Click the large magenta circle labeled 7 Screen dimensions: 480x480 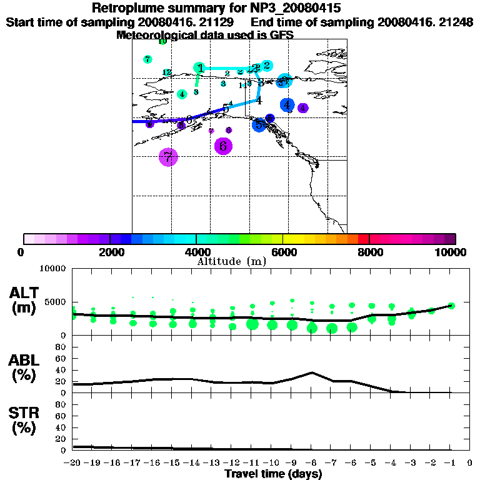tap(168, 157)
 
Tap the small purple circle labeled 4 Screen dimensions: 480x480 tap(303, 108)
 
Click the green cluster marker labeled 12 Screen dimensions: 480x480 tap(167, 72)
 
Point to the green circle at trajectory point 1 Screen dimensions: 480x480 tap(199, 68)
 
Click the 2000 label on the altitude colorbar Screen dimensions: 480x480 tap(109, 252)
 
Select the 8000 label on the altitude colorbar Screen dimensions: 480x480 tap(369, 252)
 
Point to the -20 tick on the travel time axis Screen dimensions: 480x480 tap(73, 462)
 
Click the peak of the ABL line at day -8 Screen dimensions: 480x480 tap(312, 372)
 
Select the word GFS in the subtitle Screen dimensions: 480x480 tap(281, 35)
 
